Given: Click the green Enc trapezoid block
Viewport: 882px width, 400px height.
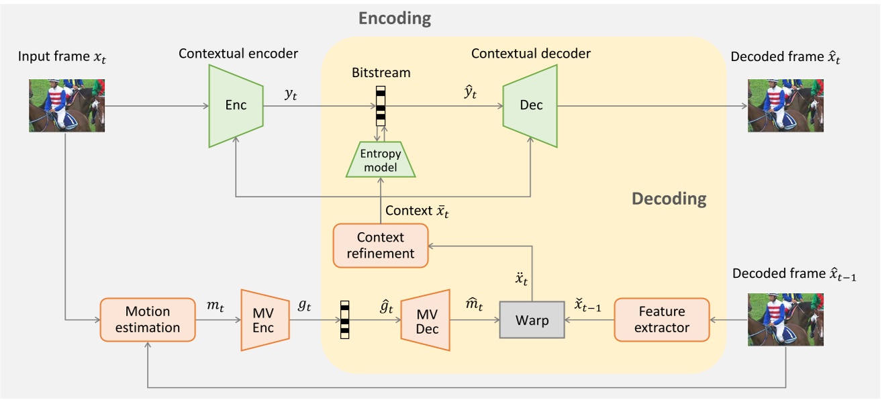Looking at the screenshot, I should click(235, 105).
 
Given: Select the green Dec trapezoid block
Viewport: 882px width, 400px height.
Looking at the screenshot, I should click(530, 105).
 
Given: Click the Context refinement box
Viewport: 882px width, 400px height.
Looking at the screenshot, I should click(381, 245).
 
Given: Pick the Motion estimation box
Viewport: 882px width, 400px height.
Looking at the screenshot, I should click(148, 319).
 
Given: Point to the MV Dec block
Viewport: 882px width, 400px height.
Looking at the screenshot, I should click(425, 320).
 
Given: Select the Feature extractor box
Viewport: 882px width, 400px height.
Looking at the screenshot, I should click(662, 319).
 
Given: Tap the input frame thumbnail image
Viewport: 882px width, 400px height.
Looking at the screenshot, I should click(67, 105).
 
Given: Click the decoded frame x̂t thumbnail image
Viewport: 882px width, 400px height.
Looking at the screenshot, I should click(786, 105).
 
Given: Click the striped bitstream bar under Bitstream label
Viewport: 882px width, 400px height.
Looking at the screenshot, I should click(381, 106).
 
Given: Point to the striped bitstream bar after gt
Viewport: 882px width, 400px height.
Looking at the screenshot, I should click(345, 319).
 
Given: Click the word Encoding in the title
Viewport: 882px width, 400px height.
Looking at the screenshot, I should click(395, 18).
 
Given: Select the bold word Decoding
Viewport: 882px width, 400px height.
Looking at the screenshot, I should click(669, 199).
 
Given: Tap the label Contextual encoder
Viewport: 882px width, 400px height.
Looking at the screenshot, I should click(238, 53).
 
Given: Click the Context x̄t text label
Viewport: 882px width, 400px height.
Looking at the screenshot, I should click(417, 211).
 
